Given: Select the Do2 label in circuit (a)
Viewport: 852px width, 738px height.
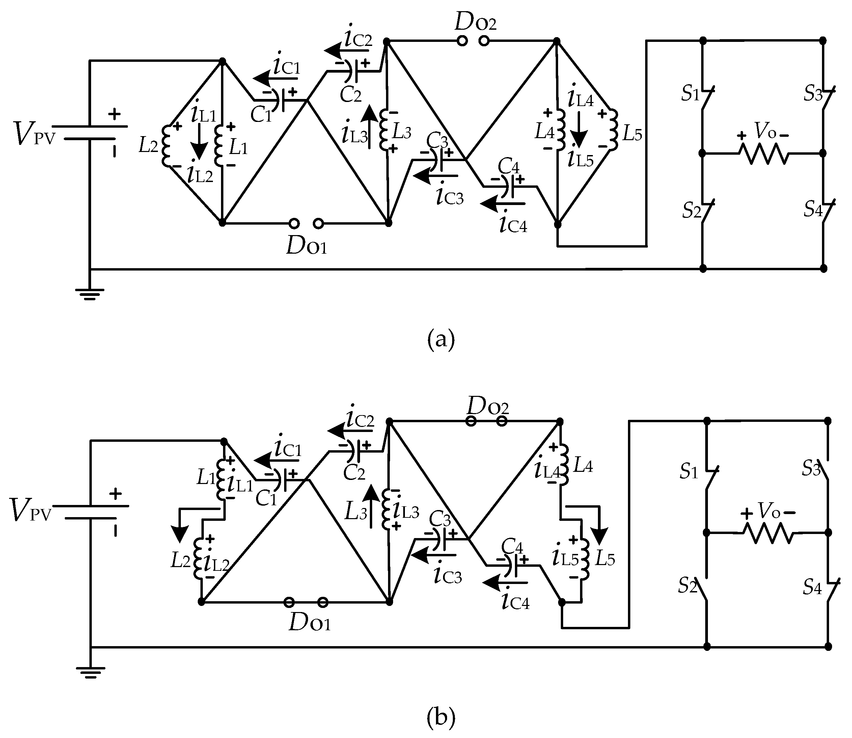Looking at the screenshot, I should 475,23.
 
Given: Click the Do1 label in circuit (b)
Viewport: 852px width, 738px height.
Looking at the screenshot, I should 309,623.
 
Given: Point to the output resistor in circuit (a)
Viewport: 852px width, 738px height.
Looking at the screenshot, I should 764,154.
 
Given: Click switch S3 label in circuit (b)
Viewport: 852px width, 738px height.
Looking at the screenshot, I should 811,469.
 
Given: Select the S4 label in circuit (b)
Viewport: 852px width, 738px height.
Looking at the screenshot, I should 812,588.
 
